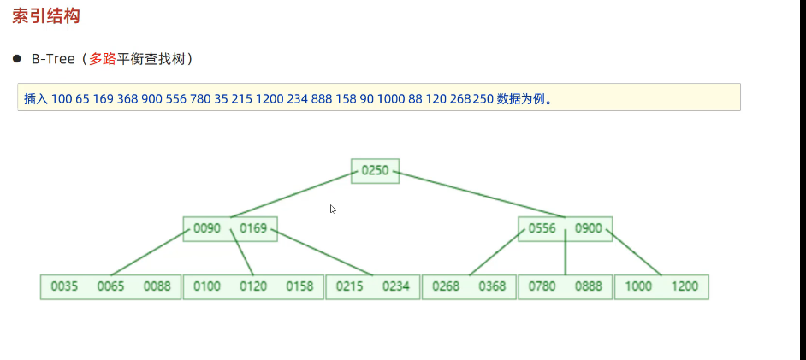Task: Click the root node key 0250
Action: point(375,171)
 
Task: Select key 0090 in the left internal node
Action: point(207,228)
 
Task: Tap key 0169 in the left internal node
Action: point(253,228)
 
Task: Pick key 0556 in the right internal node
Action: point(542,228)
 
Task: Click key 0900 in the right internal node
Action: point(589,228)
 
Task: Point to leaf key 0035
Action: point(64,286)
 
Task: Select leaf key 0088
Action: point(157,286)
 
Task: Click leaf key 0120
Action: point(253,286)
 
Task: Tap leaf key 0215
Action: point(350,286)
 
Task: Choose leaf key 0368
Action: point(492,286)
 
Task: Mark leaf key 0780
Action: point(542,286)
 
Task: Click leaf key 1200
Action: point(685,286)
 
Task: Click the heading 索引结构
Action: point(46,16)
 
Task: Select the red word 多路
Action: point(102,59)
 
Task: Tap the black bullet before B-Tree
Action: point(16,59)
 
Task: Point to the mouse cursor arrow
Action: point(332,209)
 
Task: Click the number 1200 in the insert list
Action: point(269,98)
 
